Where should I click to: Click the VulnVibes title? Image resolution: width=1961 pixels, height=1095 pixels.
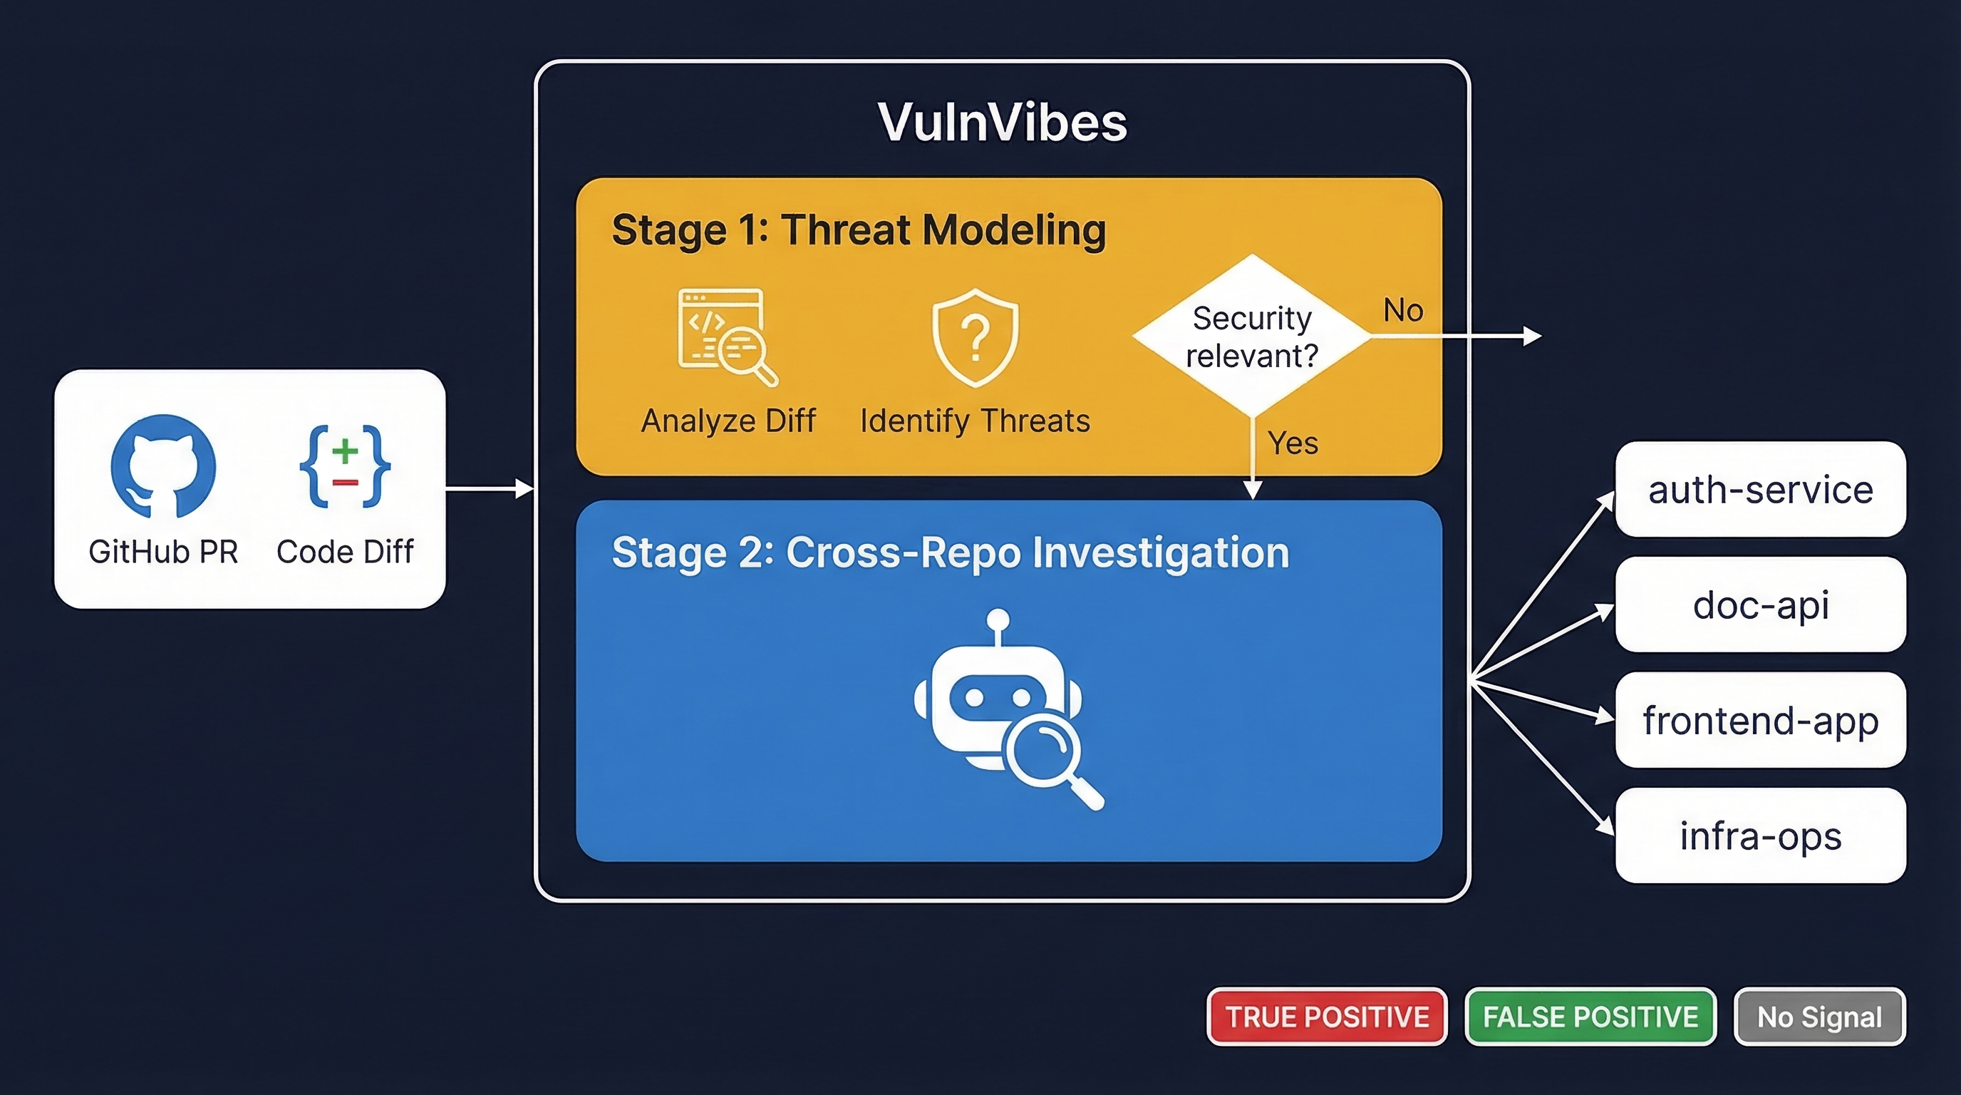pos(1002,122)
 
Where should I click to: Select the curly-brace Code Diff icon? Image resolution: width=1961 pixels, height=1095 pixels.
pos(345,466)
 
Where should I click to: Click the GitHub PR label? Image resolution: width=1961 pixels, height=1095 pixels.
pos(163,552)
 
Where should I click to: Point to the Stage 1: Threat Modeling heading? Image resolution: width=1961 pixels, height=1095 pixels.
pos(858,230)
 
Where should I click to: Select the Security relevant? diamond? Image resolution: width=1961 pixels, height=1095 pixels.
pos(1251,336)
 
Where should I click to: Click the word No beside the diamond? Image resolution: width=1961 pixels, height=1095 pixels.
pos(1403,311)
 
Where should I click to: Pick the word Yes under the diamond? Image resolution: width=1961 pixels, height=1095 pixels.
pos(1293,443)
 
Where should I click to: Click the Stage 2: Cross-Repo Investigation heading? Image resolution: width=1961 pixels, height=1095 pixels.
pos(950,552)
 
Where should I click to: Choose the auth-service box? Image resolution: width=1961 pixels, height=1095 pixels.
pos(1760,490)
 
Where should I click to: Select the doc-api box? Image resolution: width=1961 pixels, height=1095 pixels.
pos(1760,605)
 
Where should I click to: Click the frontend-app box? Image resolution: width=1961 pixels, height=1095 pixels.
pos(1760,720)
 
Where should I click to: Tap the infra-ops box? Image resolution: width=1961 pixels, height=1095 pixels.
pos(1760,836)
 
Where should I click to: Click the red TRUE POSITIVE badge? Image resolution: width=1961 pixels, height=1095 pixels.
pos(1327,1017)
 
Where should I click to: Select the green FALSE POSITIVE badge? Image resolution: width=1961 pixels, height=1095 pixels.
pos(1590,1017)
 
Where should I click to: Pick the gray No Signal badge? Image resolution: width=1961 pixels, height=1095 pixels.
pos(1819,1017)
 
